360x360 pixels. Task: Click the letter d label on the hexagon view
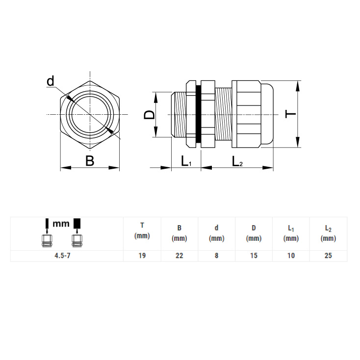point(51,81)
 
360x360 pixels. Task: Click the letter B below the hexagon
point(90,161)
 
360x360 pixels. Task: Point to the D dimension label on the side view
point(149,115)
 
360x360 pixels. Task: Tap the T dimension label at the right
point(290,114)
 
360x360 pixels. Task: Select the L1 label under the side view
point(186,161)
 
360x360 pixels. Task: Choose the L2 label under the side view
point(237,161)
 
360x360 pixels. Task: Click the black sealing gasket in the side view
point(198,114)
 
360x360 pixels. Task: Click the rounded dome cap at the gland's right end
point(267,114)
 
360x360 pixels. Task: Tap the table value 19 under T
point(142,256)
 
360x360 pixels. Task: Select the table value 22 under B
point(180,256)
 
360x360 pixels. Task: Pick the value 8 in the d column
point(216,256)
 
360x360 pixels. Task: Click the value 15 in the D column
point(254,256)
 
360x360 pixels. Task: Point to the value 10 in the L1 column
point(291,256)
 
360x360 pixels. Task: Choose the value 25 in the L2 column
point(328,256)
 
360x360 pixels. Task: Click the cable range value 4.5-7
point(62,256)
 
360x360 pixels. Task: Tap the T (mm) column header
point(142,231)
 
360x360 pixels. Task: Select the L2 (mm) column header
point(328,233)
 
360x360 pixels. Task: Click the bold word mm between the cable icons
point(61,223)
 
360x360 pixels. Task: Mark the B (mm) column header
point(180,233)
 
